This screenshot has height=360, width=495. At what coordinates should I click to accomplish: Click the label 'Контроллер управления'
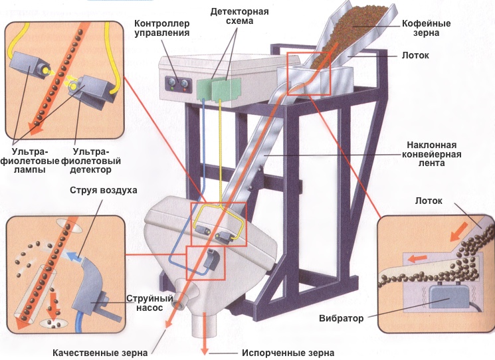161,27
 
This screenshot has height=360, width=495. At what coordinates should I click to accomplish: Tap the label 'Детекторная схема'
231,16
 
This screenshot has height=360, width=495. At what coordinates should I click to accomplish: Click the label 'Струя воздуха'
104,191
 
